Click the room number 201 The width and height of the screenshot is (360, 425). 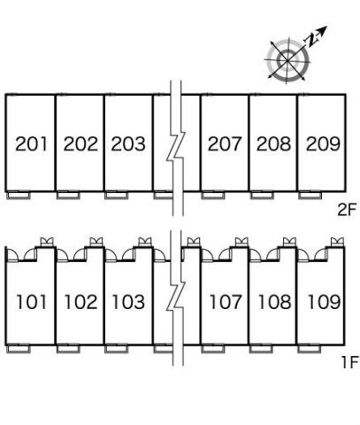31,144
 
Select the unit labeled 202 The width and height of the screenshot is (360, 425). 80,144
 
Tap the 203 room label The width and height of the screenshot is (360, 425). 128,144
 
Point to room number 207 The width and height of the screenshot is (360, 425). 225,144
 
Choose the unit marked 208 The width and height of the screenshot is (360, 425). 273,144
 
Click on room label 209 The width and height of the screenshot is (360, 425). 323,144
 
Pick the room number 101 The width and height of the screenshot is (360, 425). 32,302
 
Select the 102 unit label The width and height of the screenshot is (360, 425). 80,302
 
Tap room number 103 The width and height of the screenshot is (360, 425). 129,302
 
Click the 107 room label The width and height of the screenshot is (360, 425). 226,302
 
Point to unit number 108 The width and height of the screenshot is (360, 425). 274,302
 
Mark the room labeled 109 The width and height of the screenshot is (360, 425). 324,302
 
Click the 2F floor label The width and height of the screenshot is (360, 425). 347,210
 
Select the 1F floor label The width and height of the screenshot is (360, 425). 349,362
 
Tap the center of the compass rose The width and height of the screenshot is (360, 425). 287,60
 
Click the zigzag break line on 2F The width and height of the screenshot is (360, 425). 176,148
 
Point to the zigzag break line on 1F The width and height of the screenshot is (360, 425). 176,298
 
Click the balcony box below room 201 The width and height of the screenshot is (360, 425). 19,196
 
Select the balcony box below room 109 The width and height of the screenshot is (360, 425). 310,349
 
